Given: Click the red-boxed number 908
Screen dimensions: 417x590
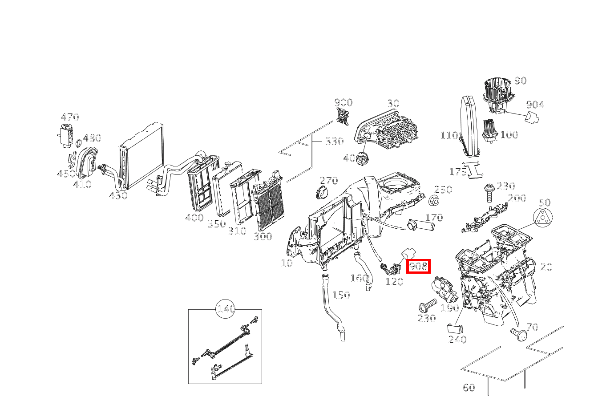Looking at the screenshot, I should (x=418, y=266).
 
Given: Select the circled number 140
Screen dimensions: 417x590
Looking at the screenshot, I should (x=226, y=309).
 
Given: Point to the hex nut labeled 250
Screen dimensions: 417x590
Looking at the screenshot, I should (x=434, y=201).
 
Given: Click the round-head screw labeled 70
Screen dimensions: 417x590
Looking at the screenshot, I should (x=518, y=333).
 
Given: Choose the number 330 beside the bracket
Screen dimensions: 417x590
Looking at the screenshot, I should (x=334, y=141).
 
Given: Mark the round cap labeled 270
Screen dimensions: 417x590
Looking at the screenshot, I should (x=321, y=194).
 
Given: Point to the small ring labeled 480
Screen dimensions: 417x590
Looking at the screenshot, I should (x=78, y=143).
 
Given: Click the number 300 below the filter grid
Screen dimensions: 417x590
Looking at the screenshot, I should (x=263, y=236).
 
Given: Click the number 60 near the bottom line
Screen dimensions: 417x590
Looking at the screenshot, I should (x=469, y=388).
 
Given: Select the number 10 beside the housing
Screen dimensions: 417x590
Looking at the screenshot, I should (x=287, y=263).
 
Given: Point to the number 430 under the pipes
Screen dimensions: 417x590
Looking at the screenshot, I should (x=118, y=195).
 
